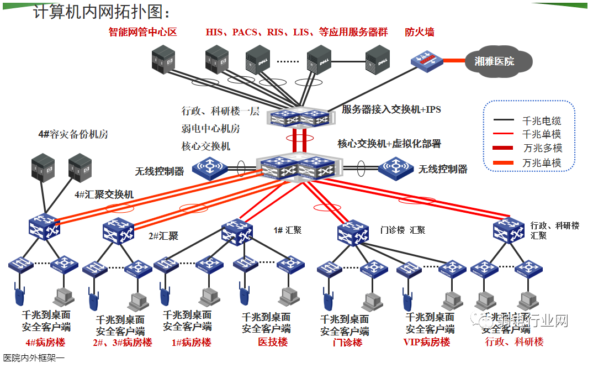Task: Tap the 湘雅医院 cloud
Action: [494, 61]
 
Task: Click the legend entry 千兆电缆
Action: [541, 120]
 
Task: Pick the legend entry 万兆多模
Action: [541, 148]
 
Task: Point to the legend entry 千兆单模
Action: [541, 134]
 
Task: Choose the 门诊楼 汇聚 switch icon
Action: [353, 232]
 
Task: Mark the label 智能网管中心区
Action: [142, 32]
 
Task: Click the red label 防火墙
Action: [419, 32]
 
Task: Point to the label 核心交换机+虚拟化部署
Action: [389, 144]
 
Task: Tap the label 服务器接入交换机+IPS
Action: [391, 109]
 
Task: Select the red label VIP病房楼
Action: [427, 342]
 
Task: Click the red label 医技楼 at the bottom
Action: [273, 342]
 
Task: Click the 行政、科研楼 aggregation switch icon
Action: [508, 230]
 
